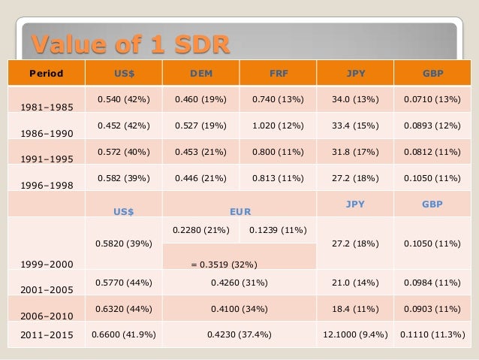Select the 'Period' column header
pos(46,74)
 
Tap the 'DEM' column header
pos(200,74)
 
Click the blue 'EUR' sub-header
pos(240,213)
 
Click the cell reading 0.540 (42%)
pos(122,98)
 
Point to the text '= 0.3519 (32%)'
pos(225,265)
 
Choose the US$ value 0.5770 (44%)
pos(122,282)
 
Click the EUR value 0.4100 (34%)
pos(240,308)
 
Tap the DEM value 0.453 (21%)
pos(200,150)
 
